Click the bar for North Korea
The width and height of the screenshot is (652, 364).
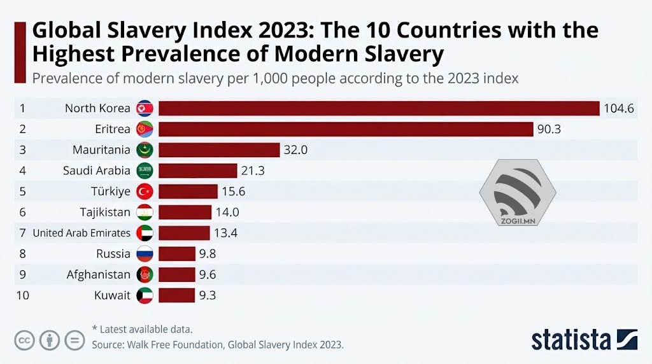click(379, 108)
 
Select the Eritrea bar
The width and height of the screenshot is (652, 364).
click(346, 129)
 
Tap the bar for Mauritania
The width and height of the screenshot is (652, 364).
click(219, 150)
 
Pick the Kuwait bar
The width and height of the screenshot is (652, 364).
click(176, 295)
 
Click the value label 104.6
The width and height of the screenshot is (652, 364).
click(619, 108)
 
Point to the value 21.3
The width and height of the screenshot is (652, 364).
click(253, 171)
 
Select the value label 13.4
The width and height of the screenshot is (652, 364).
click(225, 233)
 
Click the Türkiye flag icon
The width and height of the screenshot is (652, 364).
click(145, 192)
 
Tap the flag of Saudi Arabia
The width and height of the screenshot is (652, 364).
click(145, 171)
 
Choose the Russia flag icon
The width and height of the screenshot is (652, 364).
click(145, 254)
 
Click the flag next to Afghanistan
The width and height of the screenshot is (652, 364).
click(145, 275)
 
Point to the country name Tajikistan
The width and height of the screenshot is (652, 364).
click(105, 213)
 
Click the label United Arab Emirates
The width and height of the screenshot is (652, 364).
click(81, 233)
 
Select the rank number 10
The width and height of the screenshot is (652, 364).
click(22, 295)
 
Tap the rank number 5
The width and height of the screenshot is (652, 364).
click(22, 192)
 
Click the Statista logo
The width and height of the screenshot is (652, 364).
click(585, 339)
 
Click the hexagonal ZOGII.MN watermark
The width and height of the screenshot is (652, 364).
click(518, 193)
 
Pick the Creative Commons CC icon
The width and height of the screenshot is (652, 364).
click(25, 340)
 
